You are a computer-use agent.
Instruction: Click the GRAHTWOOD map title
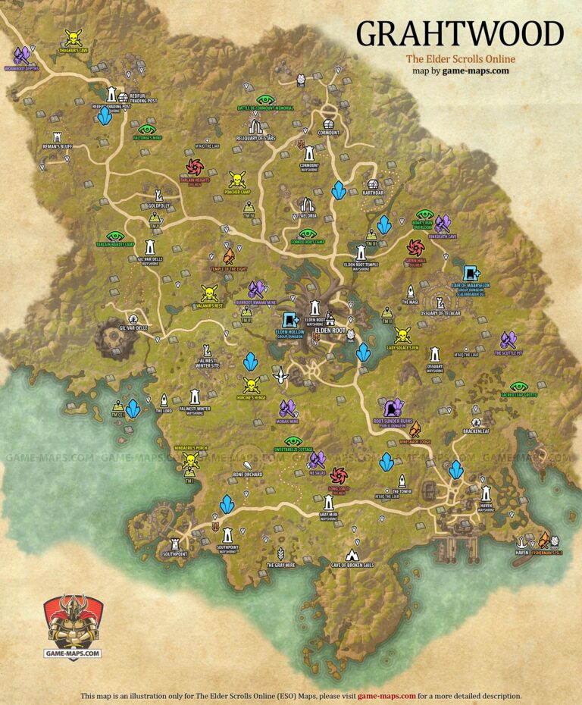tap(460, 34)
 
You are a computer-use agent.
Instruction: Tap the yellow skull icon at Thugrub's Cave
tap(73, 37)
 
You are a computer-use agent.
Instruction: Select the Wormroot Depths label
tap(21, 67)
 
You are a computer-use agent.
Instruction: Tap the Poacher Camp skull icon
tap(237, 180)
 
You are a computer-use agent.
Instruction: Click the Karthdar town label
tap(372, 193)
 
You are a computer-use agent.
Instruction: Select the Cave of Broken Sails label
tap(352, 565)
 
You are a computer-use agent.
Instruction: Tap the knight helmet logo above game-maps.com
tap(72, 621)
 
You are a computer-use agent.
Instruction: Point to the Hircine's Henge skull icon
tap(251, 384)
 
